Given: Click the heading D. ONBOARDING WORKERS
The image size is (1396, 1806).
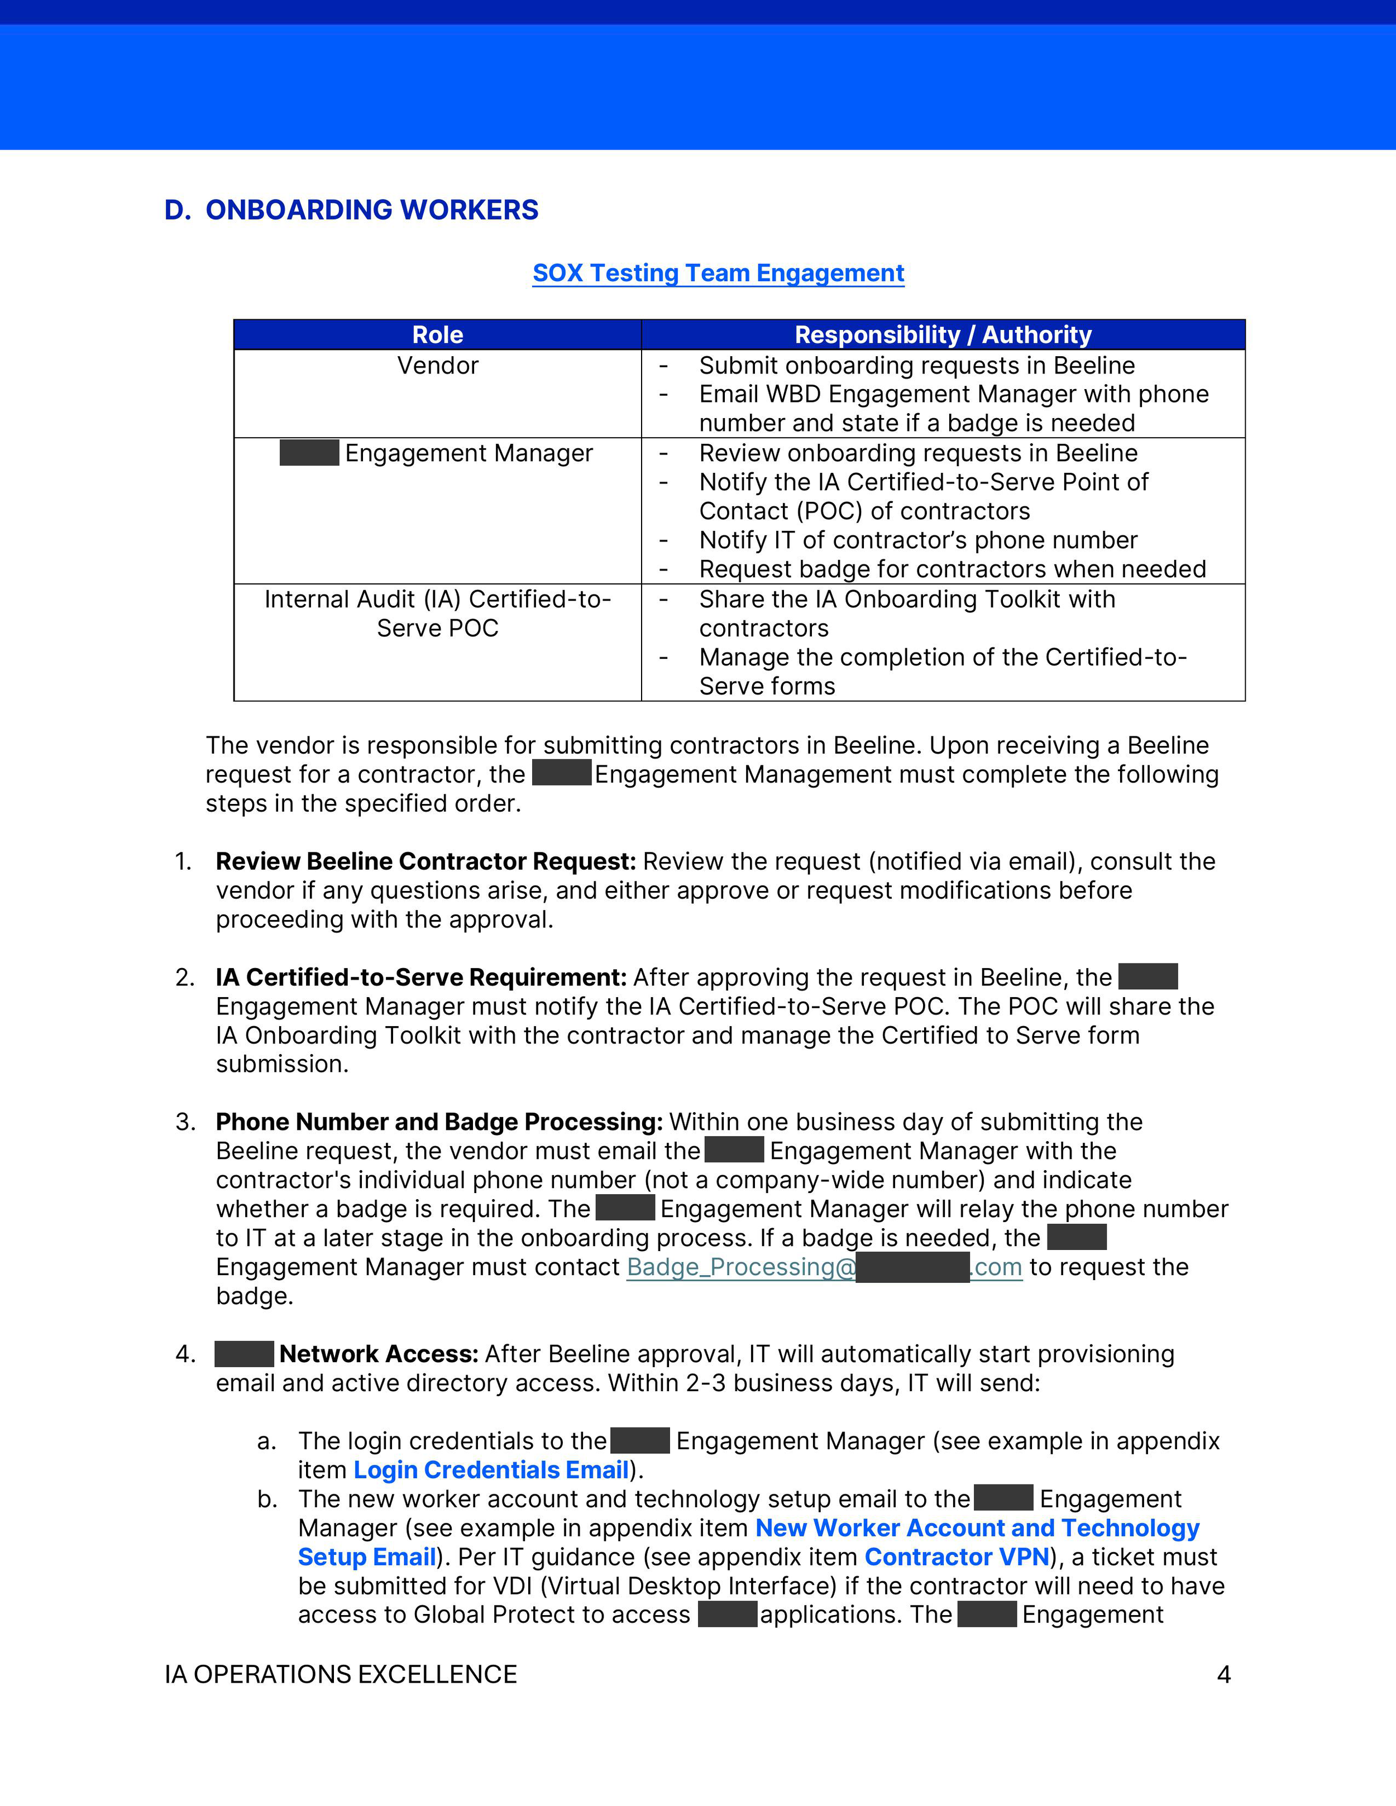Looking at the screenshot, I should [351, 210].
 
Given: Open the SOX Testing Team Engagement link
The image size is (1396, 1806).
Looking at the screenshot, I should [718, 273].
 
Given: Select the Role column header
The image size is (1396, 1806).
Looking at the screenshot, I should [437, 335].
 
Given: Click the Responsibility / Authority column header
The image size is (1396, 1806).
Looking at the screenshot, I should [943, 335].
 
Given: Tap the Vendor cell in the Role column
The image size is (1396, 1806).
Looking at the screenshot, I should [437, 366].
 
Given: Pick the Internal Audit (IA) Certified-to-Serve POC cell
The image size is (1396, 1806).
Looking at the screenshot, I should [437, 614].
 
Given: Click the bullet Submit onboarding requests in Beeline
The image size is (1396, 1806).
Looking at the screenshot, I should [916, 366].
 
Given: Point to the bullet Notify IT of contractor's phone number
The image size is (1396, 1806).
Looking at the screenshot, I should [918, 540].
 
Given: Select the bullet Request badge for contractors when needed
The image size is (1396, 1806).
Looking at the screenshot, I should [952, 569].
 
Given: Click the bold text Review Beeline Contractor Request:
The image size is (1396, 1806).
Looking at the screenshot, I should [425, 861].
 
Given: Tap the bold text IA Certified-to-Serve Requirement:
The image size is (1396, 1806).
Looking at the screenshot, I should [421, 978].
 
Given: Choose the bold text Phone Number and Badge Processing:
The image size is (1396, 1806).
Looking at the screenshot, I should [439, 1122].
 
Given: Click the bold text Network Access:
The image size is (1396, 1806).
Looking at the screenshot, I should [379, 1354].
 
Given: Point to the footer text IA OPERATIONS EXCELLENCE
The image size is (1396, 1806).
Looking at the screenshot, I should [341, 1674].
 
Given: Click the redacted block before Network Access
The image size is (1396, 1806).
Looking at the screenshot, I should [244, 1354].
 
